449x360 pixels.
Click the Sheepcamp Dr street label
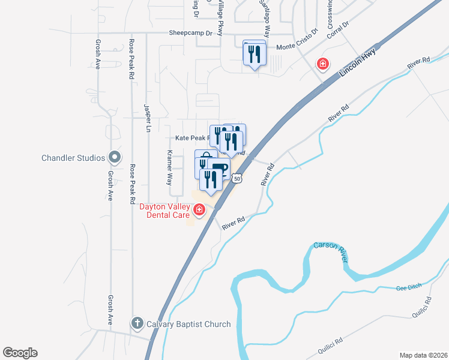coord(191,34)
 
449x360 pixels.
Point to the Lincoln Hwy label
coord(358,62)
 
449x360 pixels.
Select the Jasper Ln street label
coord(146,118)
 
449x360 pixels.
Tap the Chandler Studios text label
coord(73,158)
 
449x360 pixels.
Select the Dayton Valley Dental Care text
coord(164,211)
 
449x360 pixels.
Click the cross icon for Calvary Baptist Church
coord(137,324)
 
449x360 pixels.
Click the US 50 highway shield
coord(238,179)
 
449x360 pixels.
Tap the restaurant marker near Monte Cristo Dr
coord(255,54)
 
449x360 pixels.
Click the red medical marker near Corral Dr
coord(323,64)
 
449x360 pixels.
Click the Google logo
coord(20,353)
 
